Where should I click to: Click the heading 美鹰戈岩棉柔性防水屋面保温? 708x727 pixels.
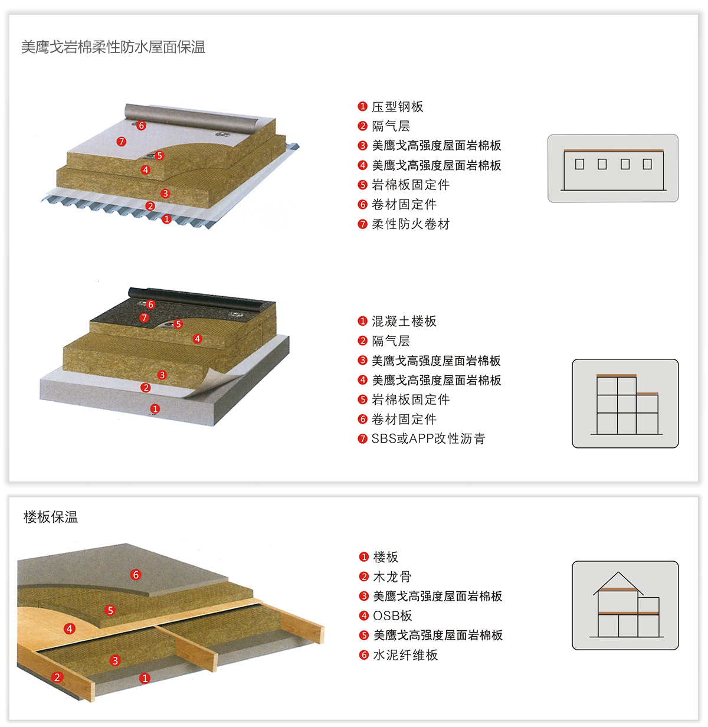pos(113,47)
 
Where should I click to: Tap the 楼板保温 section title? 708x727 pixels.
pos(51,518)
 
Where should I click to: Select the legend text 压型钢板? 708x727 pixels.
pos(397,107)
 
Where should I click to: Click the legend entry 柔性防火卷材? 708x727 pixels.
pos(411,224)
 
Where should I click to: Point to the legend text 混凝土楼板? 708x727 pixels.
pos(404,322)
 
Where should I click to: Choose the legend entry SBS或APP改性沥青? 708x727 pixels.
pos(428,439)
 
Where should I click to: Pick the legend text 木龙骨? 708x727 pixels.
pos(392,577)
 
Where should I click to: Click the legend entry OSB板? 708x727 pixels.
pos(392,616)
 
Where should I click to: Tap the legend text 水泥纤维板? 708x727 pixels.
pos(405,655)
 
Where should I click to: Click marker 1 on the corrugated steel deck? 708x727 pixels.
pos(167,219)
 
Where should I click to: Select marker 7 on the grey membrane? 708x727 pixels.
pos(122,142)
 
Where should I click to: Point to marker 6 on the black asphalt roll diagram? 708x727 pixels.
pos(150,304)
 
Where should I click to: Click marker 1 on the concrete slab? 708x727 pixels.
pos(155,409)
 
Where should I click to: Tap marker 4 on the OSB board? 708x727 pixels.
pos(70,629)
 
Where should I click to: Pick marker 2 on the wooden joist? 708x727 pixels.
pos(57,677)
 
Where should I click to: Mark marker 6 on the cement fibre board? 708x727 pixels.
pos(136,575)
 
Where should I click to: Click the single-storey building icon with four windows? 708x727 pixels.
pos(613,169)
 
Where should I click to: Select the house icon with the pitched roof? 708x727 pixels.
pos(625,605)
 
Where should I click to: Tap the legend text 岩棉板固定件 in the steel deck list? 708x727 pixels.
pos(411,185)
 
